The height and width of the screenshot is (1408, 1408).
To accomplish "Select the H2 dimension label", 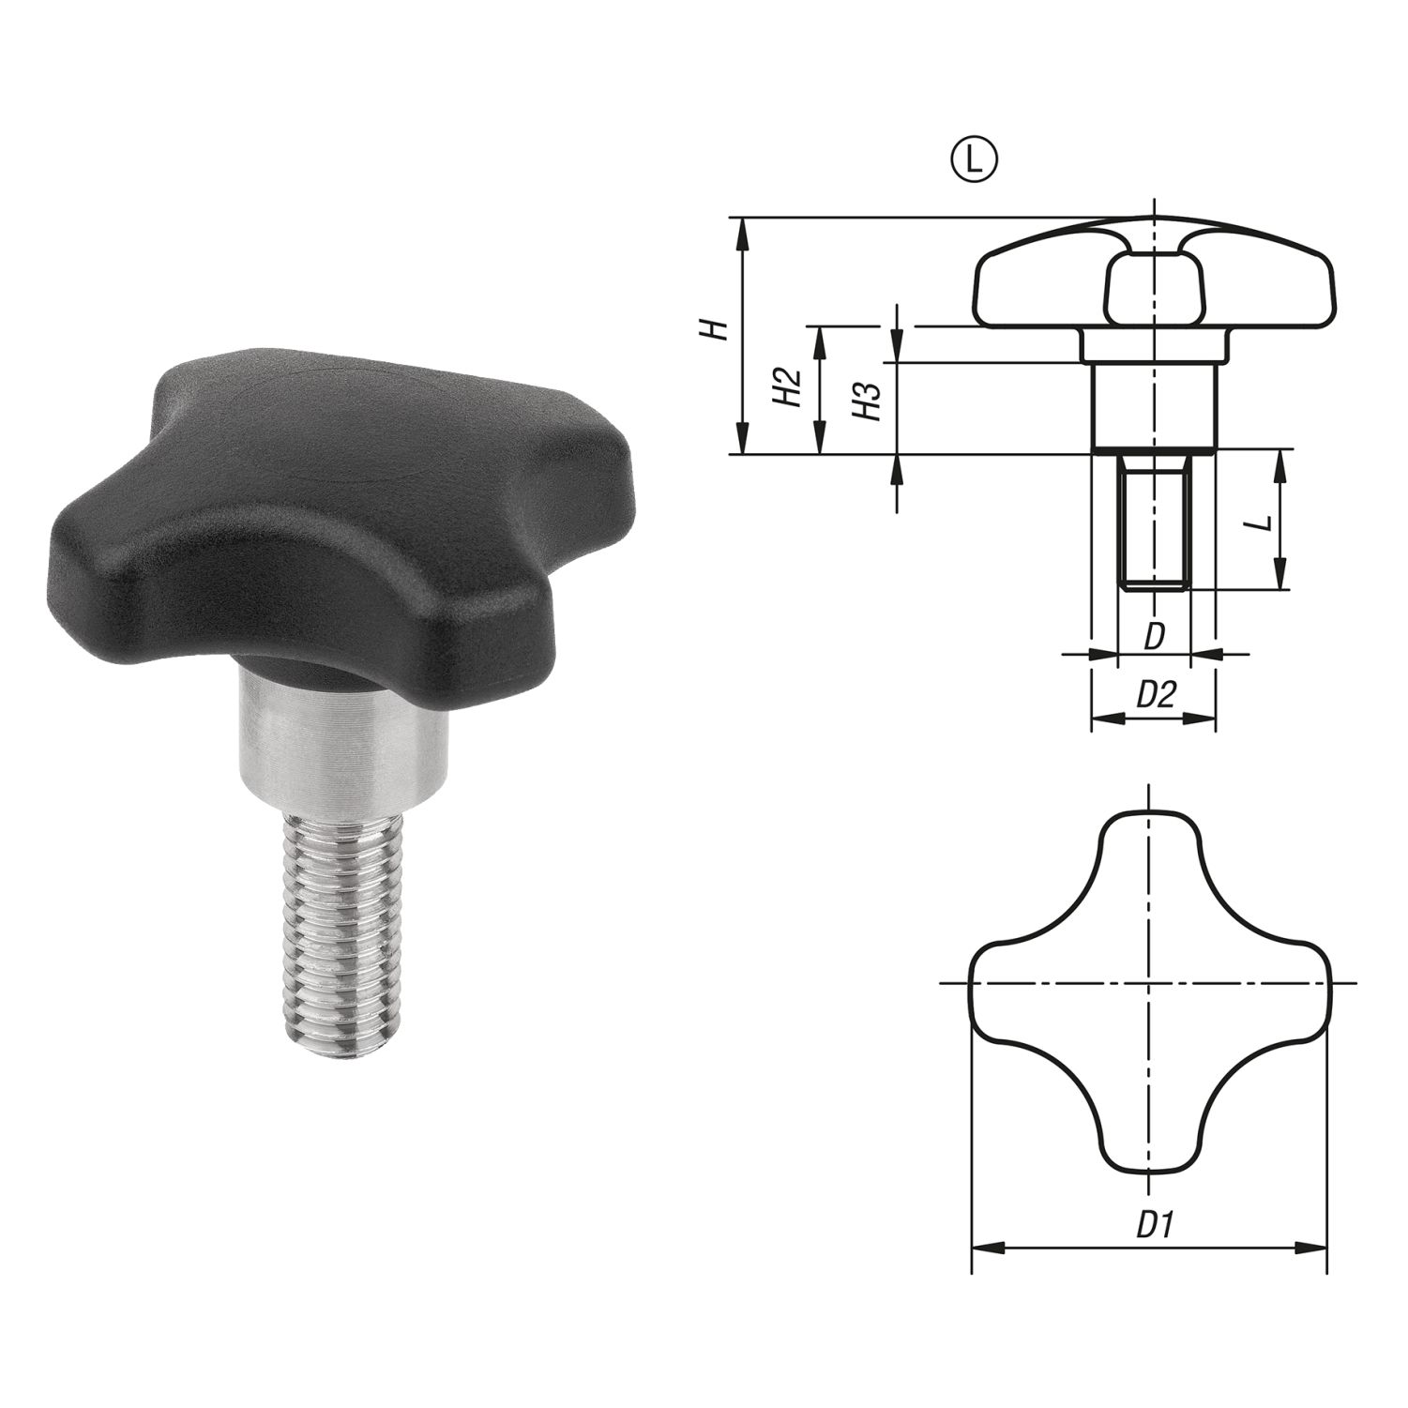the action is (787, 387).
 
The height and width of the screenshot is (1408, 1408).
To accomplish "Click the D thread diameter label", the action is (1155, 636).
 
